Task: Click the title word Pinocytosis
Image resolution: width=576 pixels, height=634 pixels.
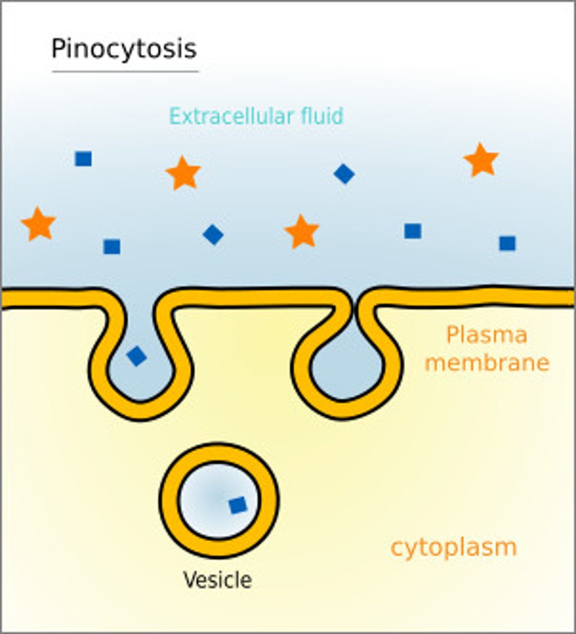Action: click(124, 49)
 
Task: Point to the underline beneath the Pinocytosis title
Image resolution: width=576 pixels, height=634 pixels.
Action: click(125, 71)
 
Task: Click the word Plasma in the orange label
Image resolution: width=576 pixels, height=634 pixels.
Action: click(486, 335)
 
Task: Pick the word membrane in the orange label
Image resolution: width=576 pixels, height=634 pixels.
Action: click(487, 363)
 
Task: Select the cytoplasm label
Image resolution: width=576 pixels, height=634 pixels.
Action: click(453, 547)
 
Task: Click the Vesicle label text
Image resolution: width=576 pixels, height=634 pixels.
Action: click(217, 580)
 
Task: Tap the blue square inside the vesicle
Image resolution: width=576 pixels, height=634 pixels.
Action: click(238, 505)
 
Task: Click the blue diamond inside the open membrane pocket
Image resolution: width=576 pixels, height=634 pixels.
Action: click(137, 356)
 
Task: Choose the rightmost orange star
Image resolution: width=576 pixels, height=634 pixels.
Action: click(481, 160)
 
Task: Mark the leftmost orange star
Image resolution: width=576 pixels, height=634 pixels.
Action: click(39, 224)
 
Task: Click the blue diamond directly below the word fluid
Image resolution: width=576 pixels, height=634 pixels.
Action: click(344, 173)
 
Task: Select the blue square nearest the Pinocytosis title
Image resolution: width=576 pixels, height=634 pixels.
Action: click(83, 158)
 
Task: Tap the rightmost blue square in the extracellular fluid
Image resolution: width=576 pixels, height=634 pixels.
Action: click(507, 243)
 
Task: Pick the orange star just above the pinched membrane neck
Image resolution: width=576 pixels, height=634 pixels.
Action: click(301, 232)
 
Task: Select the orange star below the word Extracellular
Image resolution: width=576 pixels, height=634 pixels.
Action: click(183, 173)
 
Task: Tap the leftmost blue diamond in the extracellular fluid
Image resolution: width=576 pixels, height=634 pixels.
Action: click(213, 234)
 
